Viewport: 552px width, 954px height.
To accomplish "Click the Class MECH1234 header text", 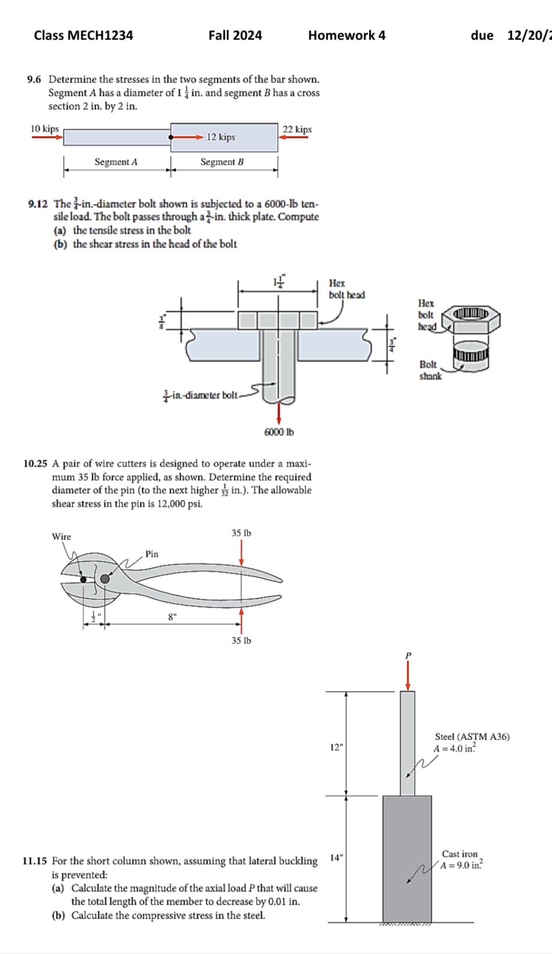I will click(x=83, y=35).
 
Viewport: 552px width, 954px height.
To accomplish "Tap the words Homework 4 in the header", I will click(x=346, y=35).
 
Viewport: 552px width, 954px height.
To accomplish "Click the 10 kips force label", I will click(x=45, y=128).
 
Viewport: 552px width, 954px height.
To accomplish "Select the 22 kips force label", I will click(x=297, y=129).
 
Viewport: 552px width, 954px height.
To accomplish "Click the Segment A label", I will click(x=116, y=162).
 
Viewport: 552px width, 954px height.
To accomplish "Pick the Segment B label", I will click(x=222, y=162).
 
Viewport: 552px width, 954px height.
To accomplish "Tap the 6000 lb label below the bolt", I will click(x=279, y=432).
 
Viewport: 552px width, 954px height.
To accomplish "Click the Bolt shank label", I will click(x=430, y=370).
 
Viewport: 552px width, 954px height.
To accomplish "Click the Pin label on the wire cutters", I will click(x=152, y=554).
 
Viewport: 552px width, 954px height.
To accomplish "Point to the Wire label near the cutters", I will click(x=61, y=537).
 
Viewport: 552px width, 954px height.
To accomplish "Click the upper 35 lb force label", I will click(x=241, y=533).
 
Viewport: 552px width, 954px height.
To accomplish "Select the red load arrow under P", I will click(x=408, y=675).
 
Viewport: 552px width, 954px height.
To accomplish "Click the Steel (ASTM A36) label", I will click(x=472, y=737).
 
